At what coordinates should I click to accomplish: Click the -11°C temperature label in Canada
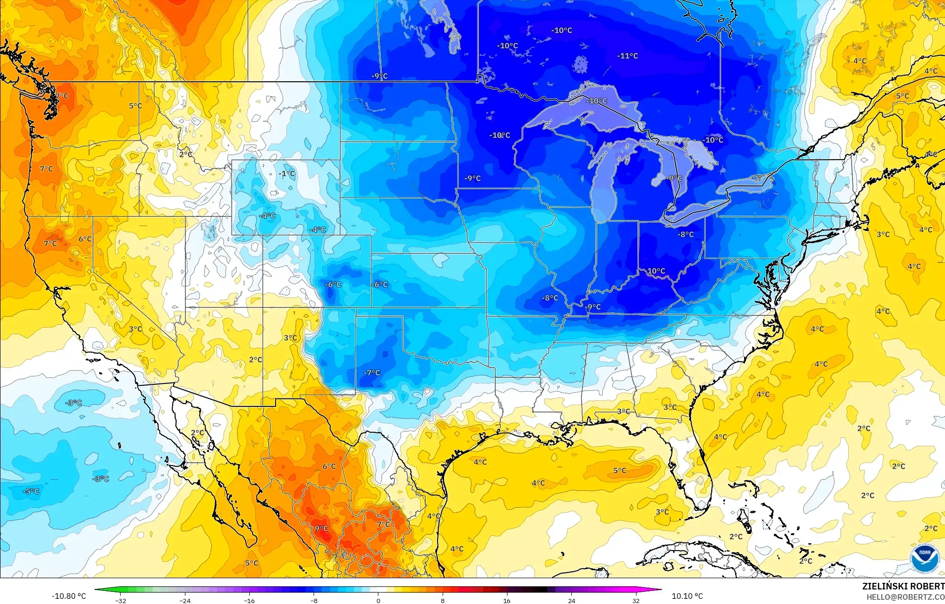click(628, 56)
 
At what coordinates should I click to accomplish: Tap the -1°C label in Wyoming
click(286, 174)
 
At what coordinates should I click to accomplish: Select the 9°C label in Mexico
click(321, 528)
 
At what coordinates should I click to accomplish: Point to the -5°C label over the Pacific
click(31, 491)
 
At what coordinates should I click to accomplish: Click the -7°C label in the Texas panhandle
click(372, 373)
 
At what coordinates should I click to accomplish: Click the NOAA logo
click(923, 558)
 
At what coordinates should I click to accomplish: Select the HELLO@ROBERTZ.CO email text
click(905, 597)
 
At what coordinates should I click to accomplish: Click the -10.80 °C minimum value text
click(69, 596)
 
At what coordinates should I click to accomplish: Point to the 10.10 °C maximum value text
click(687, 596)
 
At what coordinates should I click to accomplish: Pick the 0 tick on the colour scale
click(378, 601)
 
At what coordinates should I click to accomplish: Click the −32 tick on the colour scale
click(121, 601)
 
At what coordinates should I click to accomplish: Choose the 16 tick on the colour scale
click(507, 601)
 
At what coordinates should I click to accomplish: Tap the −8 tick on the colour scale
click(314, 601)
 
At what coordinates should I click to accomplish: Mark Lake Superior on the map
click(582, 110)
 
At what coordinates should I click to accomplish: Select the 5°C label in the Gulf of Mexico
click(620, 470)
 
